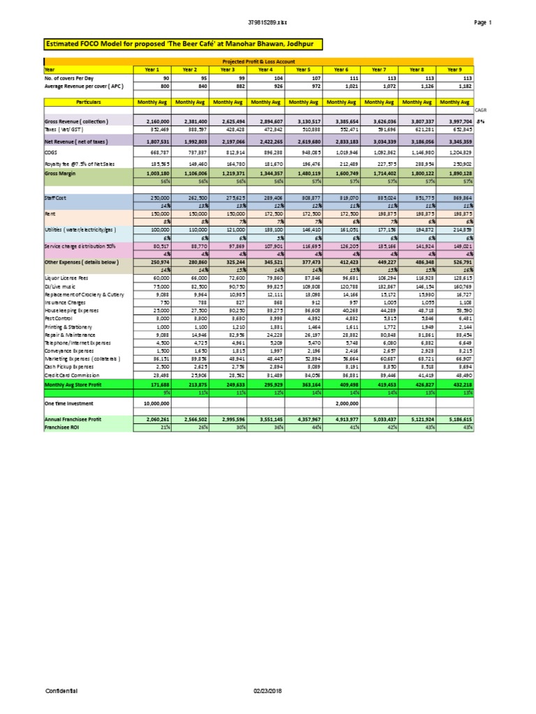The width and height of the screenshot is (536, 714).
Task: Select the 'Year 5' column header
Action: click(303, 70)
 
